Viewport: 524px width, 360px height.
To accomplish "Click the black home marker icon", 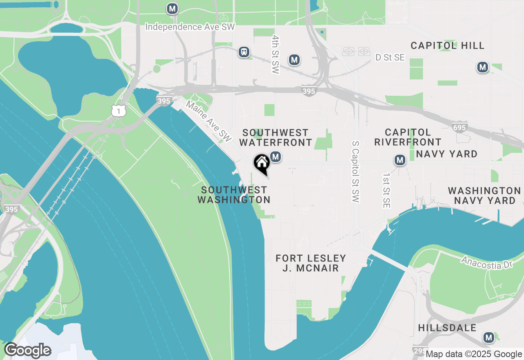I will click(262, 164).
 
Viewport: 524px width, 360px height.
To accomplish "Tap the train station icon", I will click(244, 52).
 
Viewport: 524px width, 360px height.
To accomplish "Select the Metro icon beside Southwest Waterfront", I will click(276, 157).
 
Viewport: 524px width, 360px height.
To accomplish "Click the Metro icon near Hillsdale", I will click(488, 337).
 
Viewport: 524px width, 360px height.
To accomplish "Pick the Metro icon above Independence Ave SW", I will click(172, 9).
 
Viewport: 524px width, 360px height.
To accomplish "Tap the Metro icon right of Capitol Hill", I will click(483, 67).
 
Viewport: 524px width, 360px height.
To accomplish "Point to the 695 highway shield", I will click(460, 128).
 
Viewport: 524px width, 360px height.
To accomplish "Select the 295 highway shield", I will click(420, 351).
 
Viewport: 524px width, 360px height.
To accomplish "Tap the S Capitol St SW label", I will click(355, 172).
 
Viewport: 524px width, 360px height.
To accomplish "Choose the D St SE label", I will click(390, 58).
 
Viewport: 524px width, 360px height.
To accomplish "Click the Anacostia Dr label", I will click(487, 263).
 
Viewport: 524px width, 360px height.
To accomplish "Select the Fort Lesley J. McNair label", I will click(311, 263).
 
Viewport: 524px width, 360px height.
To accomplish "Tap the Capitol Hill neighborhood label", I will click(447, 45).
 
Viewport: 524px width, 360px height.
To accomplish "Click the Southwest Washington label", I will click(234, 195).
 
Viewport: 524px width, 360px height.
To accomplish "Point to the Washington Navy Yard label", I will click(484, 196).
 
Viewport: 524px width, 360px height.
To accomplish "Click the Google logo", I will click(27, 351).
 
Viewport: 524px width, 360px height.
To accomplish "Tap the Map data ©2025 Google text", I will click(474, 354).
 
